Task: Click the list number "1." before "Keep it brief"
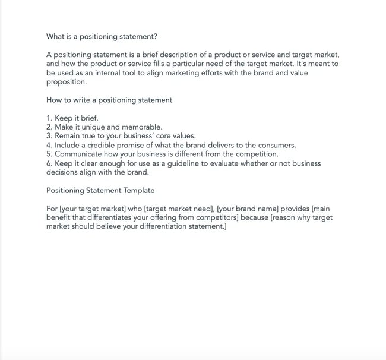click(50, 118)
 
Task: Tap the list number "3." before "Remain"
click(50, 136)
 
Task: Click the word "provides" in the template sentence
click(293, 209)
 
